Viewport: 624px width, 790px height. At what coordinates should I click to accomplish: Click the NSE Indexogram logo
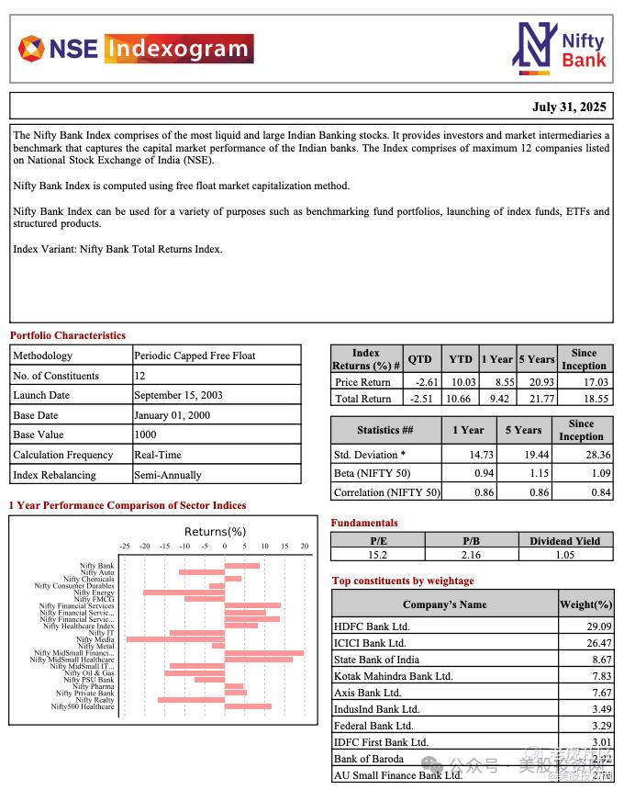[135, 48]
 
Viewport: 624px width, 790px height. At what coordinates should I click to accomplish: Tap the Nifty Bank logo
[559, 47]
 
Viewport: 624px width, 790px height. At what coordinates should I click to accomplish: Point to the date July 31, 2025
[569, 107]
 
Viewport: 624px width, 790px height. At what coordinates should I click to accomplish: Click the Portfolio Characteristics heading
[68, 335]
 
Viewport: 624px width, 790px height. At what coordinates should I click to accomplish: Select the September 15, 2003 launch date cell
[178, 395]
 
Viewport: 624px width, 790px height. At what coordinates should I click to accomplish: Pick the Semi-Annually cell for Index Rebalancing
[168, 475]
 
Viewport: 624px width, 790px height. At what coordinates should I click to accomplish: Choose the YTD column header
[461, 359]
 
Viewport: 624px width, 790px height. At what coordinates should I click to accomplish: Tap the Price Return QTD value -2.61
[423, 382]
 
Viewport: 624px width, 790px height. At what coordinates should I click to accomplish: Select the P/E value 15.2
[378, 555]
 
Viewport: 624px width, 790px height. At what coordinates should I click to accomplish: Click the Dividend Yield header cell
[564, 541]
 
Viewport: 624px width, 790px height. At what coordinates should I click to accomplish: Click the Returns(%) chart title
[215, 532]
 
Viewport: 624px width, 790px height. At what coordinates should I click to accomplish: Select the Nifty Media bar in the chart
[175, 638]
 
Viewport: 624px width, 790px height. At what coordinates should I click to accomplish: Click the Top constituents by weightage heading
[403, 581]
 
